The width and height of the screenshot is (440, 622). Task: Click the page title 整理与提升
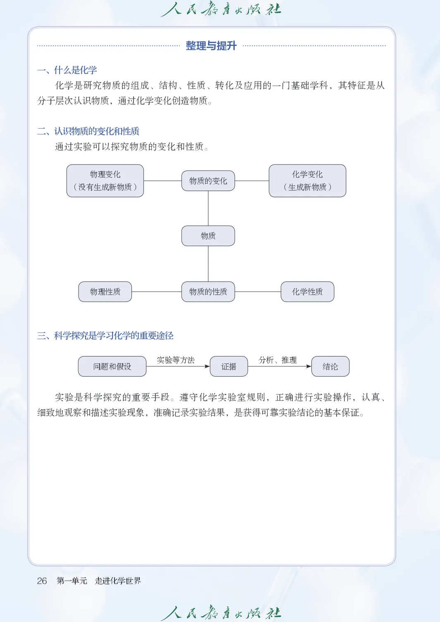click(x=211, y=46)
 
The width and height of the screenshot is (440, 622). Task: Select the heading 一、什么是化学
click(x=67, y=70)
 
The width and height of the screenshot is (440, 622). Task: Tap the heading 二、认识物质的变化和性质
click(x=88, y=131)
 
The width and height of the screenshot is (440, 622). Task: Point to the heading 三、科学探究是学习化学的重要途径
click(x=105, y=335)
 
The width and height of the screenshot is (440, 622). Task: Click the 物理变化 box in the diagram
click(x=105, y=181)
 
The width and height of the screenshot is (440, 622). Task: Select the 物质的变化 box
click(x=208, y=181)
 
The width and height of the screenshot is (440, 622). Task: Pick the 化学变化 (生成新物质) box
click(x=307, y=181)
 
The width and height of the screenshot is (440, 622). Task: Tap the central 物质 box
click(x=208, y=236)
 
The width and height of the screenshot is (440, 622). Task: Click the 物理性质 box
click(x=105, y=292)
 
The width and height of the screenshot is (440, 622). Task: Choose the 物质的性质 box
click(x=208, y=292)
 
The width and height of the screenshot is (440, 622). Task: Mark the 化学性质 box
click(x=307, y=292)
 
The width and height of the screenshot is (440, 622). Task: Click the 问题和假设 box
click(x=112, y=366)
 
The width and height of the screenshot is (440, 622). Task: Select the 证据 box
click(x=229, y=366)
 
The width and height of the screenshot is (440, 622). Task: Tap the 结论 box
click(x=330, y=366)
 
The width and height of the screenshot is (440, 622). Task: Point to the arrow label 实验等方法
click(x=176, y=360)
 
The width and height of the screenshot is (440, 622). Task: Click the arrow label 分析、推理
click(x=277, y=360)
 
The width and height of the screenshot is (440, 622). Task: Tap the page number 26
click(x=42, y=581)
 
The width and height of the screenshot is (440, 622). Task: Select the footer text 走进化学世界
click(x=118, y=581)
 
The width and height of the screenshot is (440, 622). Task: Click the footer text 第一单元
click(x=72, y=581)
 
